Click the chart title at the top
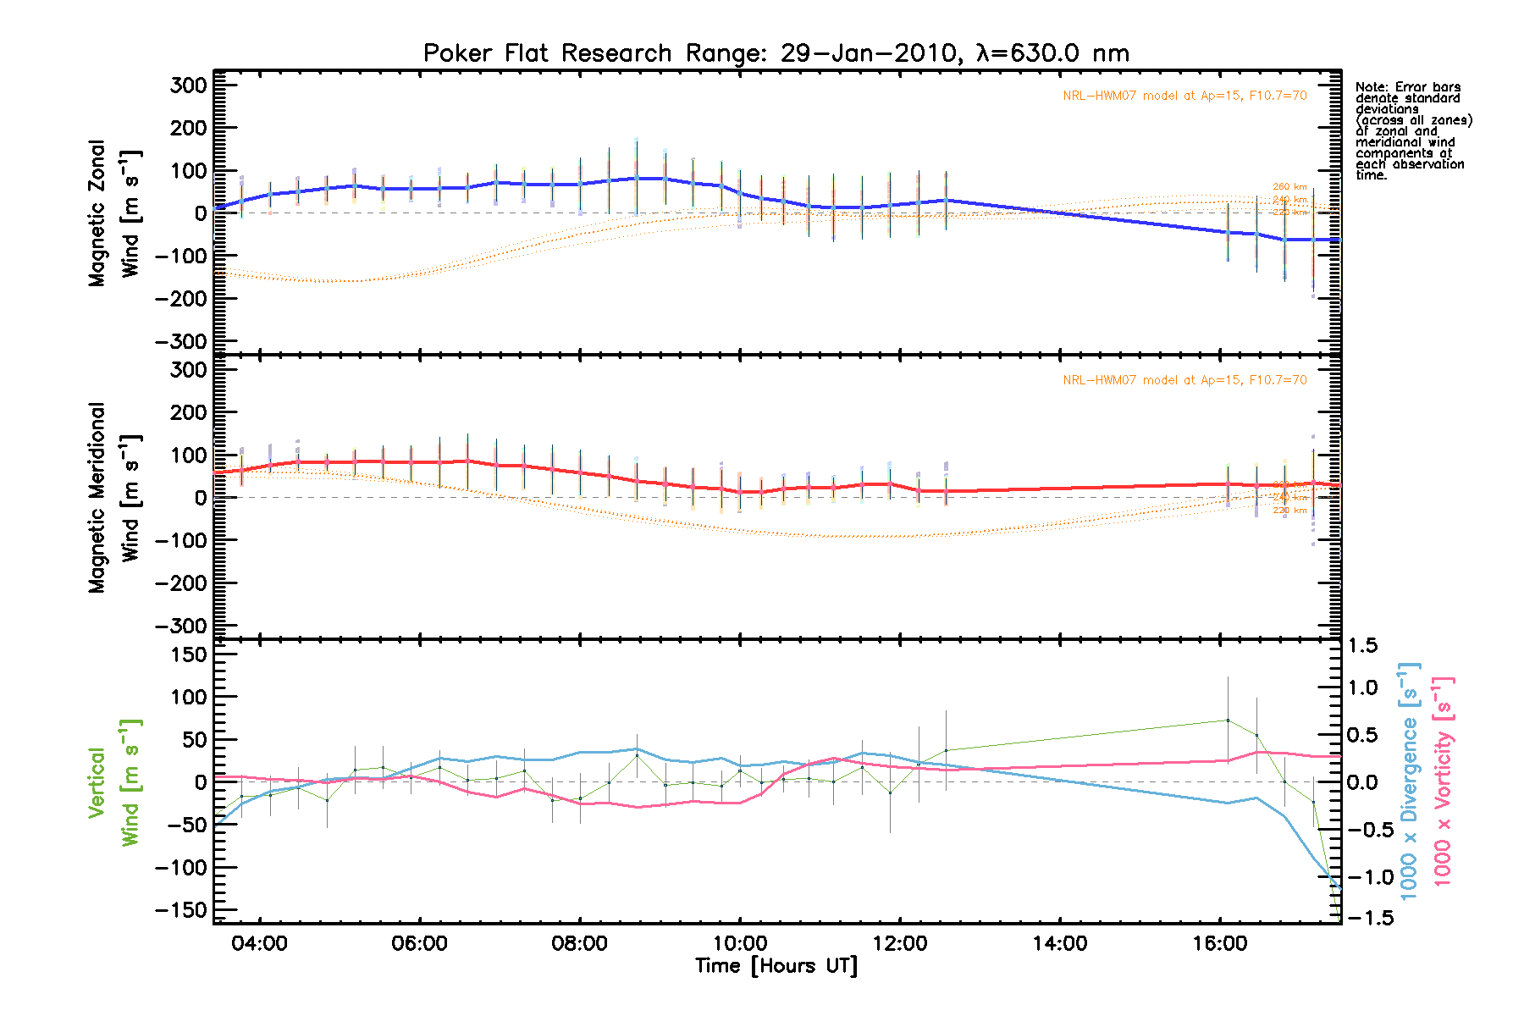(x=776, y=53)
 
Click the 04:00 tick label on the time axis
(x=260, y=944)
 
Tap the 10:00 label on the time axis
(x=740, y=944)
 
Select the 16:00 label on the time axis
(x=1220, y=944)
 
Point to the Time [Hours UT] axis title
(x=776, y=966)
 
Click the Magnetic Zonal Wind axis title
(x=114, y=213)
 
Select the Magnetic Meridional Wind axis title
(x=114, y=498)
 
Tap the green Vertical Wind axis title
(x=114, y=782)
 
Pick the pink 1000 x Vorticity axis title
(x=1443, y=782)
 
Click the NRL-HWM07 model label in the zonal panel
(x=1184, y=96)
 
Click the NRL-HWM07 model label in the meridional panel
(x=1184, y=380)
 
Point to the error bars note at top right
(x=1413, y=131)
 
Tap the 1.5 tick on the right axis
(x=1361, y=646)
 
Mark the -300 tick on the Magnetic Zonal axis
(x=181, y=341)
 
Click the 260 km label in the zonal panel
(x=1289, y=187)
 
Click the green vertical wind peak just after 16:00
(x=1228, y=720)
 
